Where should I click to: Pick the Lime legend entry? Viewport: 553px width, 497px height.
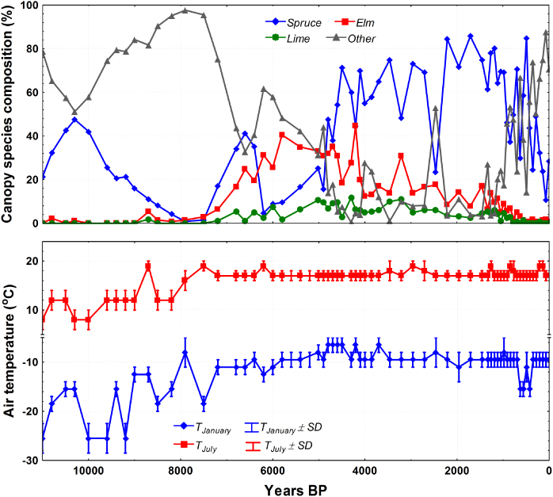[x=293, y=37]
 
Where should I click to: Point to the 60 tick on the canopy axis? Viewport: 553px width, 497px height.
[x=29, y=93]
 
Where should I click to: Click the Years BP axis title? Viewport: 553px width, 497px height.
[x=297, y=488]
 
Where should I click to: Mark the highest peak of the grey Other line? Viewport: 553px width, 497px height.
[x=185, y=11]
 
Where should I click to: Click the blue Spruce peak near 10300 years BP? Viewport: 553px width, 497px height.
[x=75, y=120]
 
